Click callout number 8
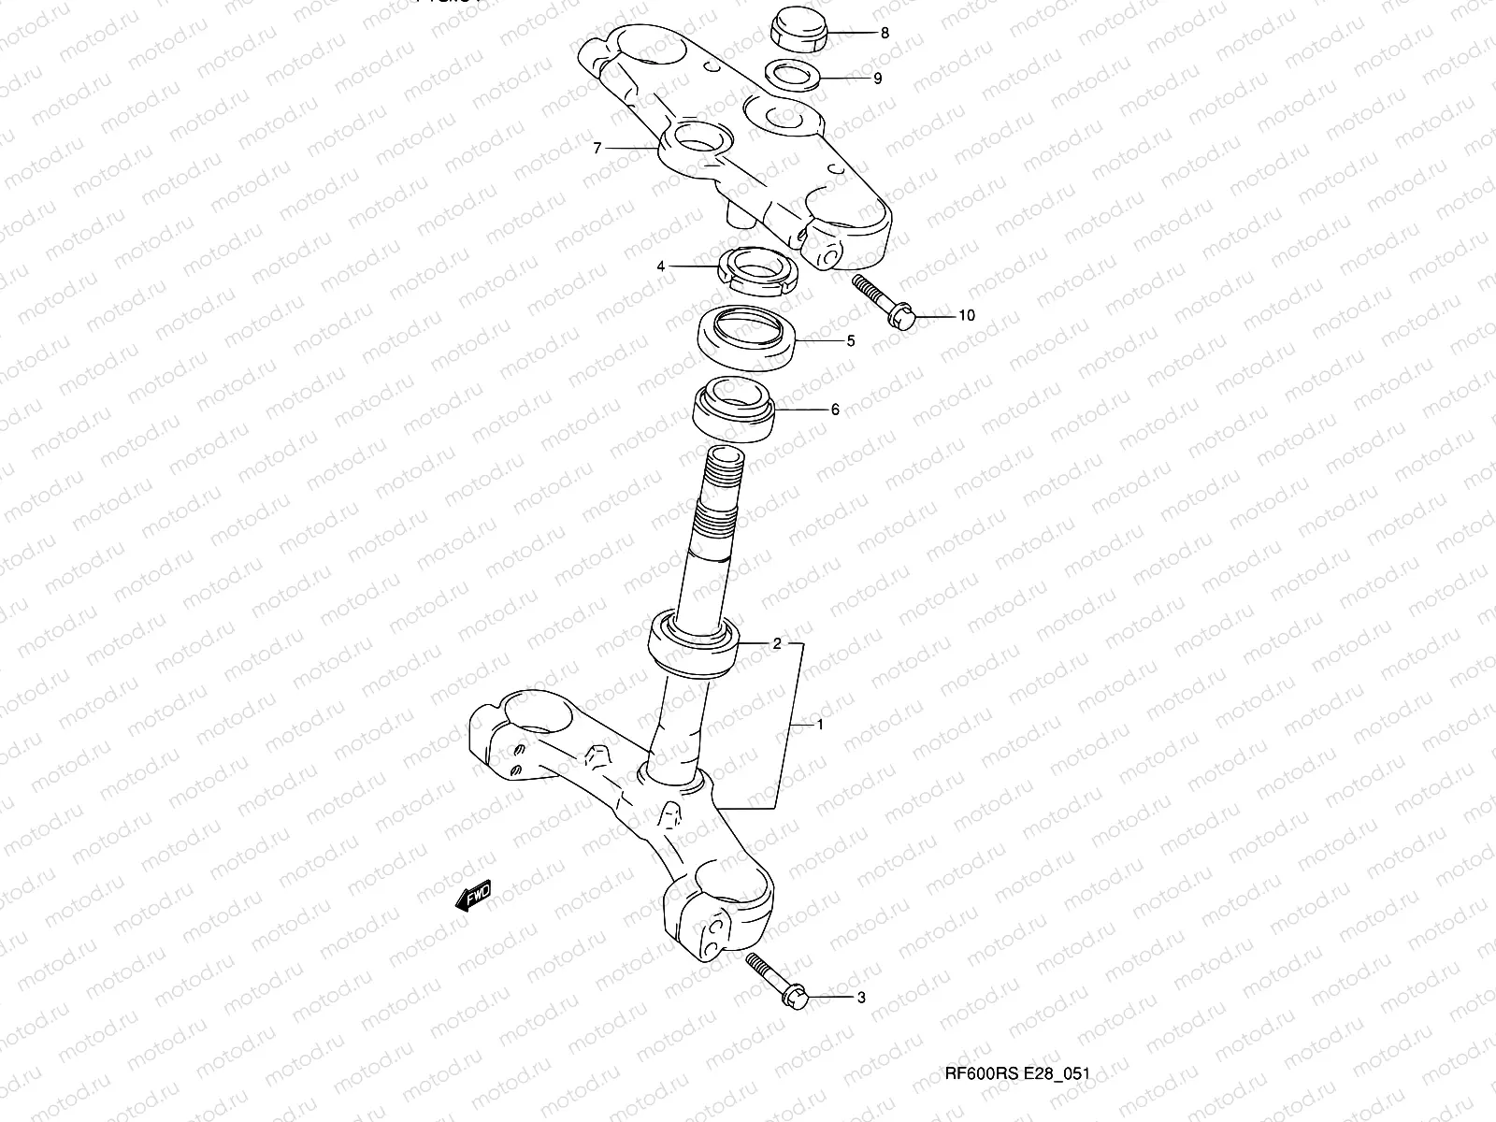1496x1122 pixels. coord(885,33)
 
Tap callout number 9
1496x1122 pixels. coord(877,79)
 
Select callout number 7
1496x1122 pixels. coord(597,148)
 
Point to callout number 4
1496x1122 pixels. coord(660,266)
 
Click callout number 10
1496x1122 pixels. coord(966,316)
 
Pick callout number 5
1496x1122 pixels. coord(850,341)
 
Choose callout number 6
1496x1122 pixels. coord(835,410)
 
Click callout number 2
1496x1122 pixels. coord(775,643)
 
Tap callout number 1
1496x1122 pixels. coord(820,724)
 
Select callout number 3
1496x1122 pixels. coord(861,998)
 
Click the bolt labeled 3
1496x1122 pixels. coord(777,978)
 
